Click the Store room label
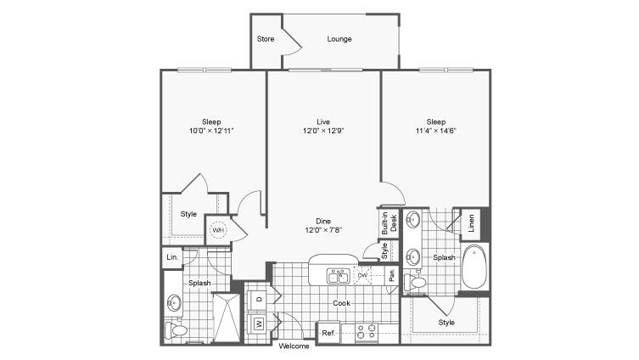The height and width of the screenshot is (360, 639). [266, 39]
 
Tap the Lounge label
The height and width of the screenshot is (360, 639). [339, 39]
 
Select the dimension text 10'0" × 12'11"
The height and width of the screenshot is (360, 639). [211, 131]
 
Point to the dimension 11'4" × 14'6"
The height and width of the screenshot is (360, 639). [435, 131]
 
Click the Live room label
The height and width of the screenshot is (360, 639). [323, 122]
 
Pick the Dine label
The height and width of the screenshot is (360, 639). [323, 222]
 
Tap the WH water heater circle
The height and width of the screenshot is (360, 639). [218, 230]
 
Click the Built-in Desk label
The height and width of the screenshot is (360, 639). [389, 223]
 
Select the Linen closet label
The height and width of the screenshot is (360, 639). [471, 223]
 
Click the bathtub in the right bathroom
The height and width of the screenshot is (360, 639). [474, 267]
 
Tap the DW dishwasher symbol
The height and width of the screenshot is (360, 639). [362, 276]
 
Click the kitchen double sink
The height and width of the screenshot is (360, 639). [338, 277]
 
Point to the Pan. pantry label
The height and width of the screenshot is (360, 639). [392, 275]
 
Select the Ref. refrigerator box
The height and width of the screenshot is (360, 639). [328, 333]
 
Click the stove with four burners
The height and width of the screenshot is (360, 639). [366, 333]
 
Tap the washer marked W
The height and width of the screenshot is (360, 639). [259, 323]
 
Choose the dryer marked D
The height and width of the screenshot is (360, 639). [260, 300]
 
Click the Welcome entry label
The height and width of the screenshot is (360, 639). [294, 346]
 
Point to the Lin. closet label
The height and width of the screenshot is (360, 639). [172, 257]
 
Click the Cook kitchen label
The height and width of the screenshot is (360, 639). [341, 303]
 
